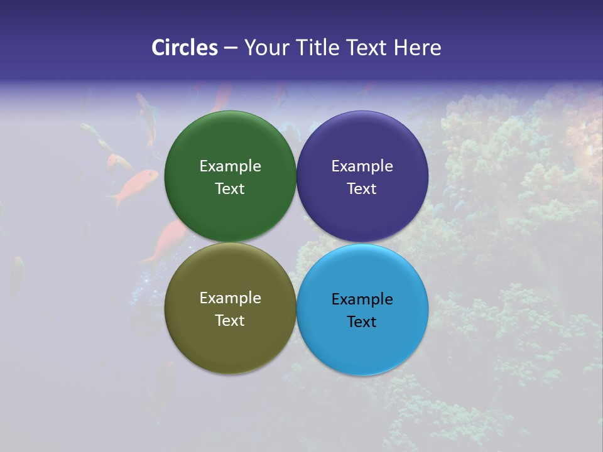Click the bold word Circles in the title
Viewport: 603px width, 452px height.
185,48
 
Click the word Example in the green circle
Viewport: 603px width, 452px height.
230,166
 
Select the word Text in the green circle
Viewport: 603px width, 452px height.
230,189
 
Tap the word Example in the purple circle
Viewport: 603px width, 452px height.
362,166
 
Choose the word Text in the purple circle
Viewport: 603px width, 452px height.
362,189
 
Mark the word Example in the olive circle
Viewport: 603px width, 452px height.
230,298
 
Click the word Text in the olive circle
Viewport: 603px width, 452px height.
230,321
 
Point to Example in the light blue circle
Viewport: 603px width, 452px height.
362,299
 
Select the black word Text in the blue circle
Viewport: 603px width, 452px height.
362,322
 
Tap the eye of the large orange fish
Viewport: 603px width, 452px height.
153,175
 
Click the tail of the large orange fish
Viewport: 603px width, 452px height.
114,200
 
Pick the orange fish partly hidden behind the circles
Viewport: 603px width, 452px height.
166,242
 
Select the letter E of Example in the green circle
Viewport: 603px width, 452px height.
204,166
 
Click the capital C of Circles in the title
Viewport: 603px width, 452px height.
158,48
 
